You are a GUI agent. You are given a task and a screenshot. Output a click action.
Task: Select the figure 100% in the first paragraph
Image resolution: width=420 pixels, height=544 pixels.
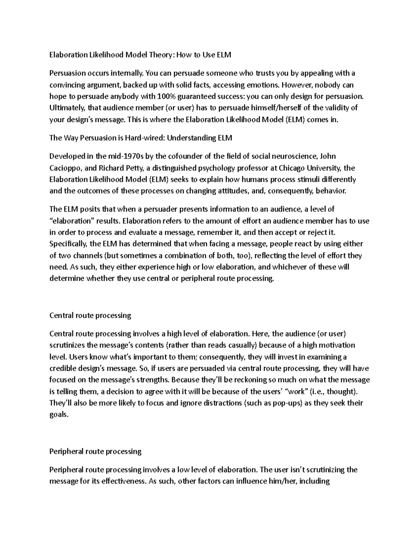(161, 96)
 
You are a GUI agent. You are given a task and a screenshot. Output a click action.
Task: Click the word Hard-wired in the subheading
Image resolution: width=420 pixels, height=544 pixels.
(143, 138)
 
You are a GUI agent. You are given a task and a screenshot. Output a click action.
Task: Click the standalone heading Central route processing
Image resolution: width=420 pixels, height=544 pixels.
(90, 315)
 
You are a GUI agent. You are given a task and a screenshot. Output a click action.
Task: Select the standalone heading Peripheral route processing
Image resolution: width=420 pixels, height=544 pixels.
(96, 451)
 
